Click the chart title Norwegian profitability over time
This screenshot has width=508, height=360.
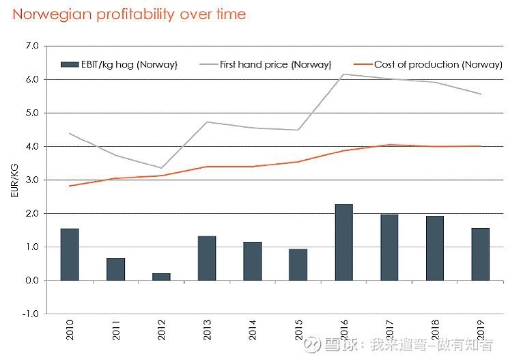click(129, 14)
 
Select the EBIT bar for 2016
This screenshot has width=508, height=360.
click(343, 243)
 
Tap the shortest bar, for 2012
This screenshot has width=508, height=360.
click(161, 277)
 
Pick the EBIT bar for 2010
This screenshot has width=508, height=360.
click(70, 254)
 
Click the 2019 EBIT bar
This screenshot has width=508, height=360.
click(481, 254)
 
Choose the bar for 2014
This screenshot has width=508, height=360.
click(253, 261)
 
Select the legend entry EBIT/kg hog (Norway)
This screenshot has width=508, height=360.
click(119, 64)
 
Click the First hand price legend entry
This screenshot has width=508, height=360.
click(266, 64)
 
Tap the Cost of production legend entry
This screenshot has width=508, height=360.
click(428, 64)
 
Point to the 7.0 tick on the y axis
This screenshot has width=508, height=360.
click(32, 46)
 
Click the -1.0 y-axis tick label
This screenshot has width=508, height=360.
click(31, 314)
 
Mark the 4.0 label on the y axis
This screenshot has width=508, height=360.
click(32, 146)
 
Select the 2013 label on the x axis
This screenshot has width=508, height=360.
click(207, 329)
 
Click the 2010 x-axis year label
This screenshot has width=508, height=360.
click(70, 329)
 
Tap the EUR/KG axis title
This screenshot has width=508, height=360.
click(14, 180)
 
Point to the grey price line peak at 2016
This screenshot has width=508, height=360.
click(343, 74)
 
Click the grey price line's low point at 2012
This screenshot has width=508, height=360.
click(161, 168)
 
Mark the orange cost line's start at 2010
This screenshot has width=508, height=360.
click(70, 186)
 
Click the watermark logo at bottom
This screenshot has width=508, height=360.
click(311, 344)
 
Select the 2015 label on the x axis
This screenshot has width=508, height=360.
click(298, 329)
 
